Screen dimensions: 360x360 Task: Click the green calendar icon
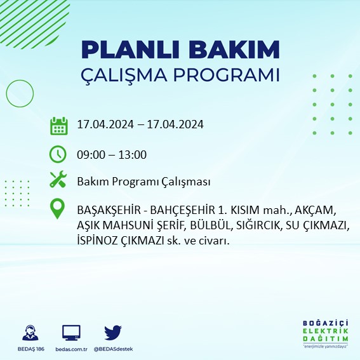click(x=58, y=125)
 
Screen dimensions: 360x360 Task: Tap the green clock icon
click(x=58, y=154)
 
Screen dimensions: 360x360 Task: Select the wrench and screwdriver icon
click(x=58, y=180)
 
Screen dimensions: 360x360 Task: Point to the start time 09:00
click(x=90, y=154)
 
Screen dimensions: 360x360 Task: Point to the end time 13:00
click(x=133, y=154)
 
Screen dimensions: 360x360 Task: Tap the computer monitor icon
click(x=71, y=333)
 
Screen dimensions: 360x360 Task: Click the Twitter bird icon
click(x=112, y=333)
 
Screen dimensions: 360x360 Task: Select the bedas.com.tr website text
click(x=71, y=349)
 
